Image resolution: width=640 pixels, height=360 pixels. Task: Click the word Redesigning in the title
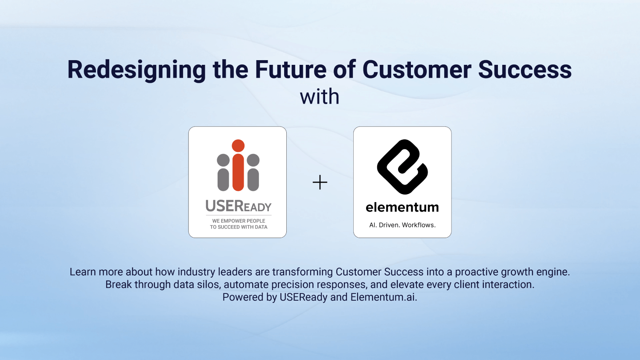coord(137,70)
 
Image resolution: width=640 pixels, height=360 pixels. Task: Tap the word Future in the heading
coord(291,70)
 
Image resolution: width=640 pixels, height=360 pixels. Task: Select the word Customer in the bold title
coord(417,70)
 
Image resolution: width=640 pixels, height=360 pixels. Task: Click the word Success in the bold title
coord(525,70)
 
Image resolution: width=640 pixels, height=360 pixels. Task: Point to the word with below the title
coord(320,97)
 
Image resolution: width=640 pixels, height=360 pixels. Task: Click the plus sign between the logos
coord(320,183)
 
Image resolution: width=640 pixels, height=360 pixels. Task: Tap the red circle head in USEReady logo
coord(238,146)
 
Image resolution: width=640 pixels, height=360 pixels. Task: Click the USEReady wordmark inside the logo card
coord(239,206)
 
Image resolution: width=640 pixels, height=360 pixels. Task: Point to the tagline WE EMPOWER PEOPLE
coord(239,221)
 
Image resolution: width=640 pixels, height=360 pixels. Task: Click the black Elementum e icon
coord(402,167)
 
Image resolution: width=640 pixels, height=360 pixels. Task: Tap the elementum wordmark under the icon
coord(402,207)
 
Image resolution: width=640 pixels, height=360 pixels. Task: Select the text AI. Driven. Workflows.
coord(402,225)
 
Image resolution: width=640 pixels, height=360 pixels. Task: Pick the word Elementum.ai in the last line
coord(384,297)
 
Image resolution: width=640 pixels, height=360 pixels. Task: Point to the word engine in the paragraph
coord(553,272)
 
